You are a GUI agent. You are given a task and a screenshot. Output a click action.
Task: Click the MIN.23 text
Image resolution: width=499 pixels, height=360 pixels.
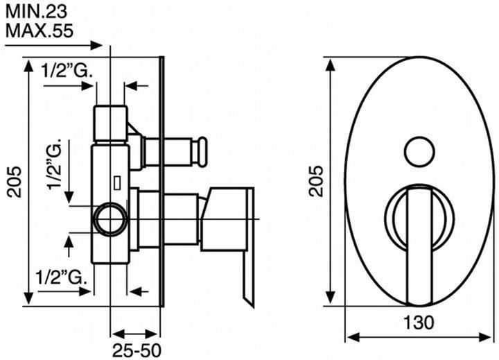[37, 12]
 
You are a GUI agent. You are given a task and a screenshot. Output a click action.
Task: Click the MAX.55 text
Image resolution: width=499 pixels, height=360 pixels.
[40, 31]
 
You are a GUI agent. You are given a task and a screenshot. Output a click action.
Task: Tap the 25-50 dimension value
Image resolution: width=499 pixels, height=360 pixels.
[137, 350]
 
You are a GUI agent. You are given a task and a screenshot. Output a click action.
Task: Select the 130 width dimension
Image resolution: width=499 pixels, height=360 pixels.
[419, 322]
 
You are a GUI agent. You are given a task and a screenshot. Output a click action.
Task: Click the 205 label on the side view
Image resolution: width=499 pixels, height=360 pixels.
[15, 182]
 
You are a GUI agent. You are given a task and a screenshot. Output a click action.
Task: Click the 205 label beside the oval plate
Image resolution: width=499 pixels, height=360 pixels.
[316, 181]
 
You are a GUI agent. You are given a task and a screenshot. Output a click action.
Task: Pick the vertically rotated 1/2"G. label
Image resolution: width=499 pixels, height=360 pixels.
[55, 164]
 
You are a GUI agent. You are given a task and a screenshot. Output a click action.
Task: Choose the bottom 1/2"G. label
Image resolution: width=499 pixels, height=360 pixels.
[61, 277]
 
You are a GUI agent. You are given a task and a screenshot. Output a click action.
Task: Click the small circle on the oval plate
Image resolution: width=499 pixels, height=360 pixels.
[419, 152]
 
